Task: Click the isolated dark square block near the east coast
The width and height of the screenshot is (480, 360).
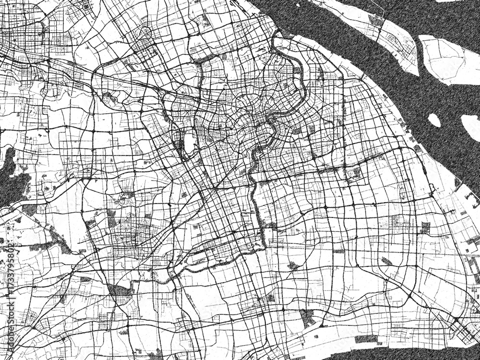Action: point(425,227)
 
